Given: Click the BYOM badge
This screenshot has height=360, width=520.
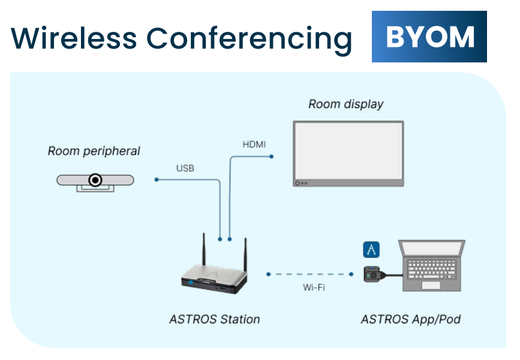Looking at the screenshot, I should coord(429,37).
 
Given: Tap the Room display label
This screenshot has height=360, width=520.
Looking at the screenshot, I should coord(345,104).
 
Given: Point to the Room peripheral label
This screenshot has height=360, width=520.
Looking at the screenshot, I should coord(94,151).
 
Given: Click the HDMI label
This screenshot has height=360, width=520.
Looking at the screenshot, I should coord(254,145).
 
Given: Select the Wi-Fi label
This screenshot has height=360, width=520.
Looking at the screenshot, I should coord(314,287).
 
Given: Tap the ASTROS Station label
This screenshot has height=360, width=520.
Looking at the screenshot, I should coord(215,319).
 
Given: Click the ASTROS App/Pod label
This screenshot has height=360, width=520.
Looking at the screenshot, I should coord(410,319).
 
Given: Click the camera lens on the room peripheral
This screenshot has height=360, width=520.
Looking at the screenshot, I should coord(95,179).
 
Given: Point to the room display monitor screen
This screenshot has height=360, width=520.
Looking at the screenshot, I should coord(348,151).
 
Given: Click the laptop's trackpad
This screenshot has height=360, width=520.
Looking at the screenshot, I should coord(431,285).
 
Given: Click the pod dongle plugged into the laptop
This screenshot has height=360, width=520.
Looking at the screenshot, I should coord(374,274).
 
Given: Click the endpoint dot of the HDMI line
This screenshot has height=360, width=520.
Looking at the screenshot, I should coord(272,157).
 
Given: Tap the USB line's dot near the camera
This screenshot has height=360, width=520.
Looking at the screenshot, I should coord(157,179).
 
